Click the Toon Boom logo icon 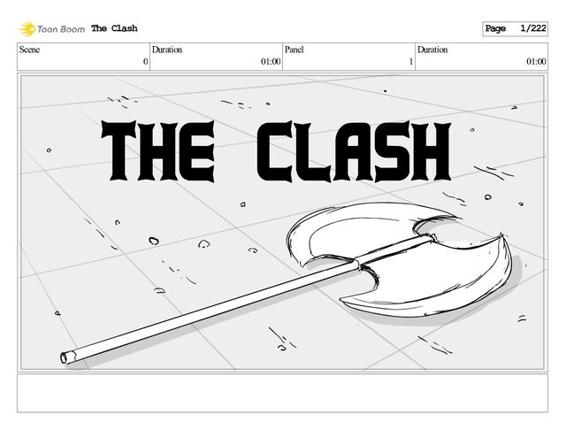click(x=27, y=29)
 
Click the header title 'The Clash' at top click(x=114, y=29)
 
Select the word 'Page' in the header click(x=495, y=29)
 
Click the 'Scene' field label click(x=31, y=50)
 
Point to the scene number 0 click(x=144, y=62)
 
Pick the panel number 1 click(x=410, y=62)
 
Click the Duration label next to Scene click(x=167, y=50)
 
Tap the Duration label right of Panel click(x=432, y=50)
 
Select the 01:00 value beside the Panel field click(x=271, y=62)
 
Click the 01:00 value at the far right click(x=536, y=62)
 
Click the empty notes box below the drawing click(x=282, y=393)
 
